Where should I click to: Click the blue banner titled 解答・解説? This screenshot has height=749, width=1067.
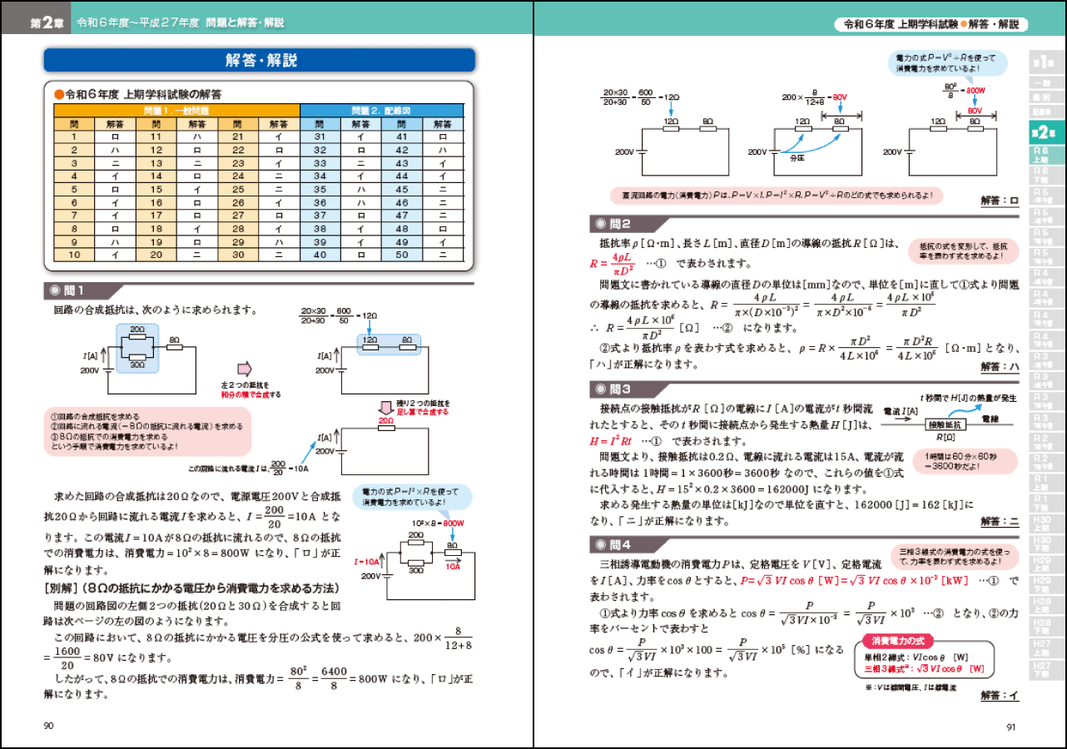(x=260, y=60)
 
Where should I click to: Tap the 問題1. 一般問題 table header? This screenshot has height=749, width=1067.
(x=176, y=110)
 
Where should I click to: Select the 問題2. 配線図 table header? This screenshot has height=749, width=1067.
(x=381, y=110)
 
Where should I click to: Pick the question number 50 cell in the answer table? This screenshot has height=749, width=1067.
(x=402, y=255)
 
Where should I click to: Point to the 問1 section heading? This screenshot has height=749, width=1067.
(x=75, y=290)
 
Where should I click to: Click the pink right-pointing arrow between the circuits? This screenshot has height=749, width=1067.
(x=244, y=369)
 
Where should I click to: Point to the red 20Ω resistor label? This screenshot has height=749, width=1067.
(x=386, y=422)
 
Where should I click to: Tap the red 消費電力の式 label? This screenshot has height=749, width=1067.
(x=896, y=641)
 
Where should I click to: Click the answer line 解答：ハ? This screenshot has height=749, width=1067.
(x=999, y=367)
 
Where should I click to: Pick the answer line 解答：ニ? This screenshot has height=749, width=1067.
(x=999, y=522)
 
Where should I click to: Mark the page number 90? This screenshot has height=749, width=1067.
(x=48, y=726)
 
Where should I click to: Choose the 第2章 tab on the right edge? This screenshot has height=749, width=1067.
(x=1043, y=132)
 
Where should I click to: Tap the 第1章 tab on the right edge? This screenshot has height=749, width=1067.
(x=1043, y=62)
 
